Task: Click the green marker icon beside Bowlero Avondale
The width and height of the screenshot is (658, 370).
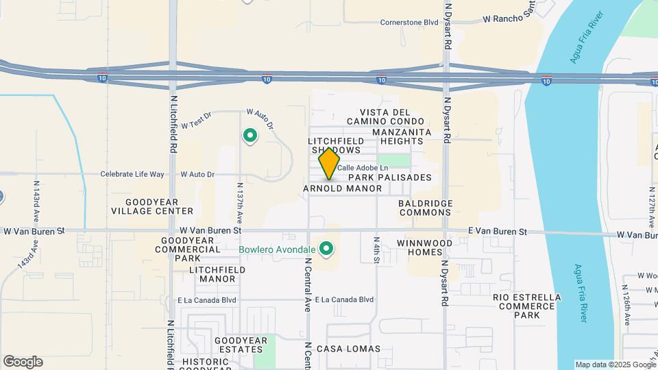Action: coord(327,248)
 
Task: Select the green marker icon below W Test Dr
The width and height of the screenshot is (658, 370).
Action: coord(250,136)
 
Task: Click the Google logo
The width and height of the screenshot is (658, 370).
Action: coord(23,361)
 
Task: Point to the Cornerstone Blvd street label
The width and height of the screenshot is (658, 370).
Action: coord(409,22)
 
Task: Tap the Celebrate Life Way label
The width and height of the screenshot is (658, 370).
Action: coord(133,174)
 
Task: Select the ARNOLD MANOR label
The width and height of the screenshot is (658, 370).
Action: coord(342,188)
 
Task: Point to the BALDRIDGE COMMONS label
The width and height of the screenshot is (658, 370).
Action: coord(425,208)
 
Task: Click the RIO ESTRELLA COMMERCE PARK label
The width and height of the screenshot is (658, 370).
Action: coord(527,306)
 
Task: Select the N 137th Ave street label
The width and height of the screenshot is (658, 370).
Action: coord(240,203)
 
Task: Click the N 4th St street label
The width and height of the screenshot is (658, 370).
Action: coord(377,251)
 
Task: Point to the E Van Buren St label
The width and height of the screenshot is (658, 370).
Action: coord(498,232)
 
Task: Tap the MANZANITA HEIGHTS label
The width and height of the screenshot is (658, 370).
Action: coord(402,136)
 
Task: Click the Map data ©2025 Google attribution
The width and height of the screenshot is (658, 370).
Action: coord(614,365)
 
